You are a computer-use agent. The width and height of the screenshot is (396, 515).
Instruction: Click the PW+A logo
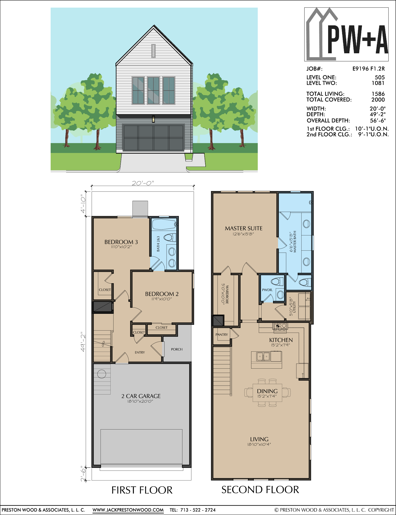coord(346,34)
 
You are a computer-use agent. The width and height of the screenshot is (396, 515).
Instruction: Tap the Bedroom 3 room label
coord(121,242)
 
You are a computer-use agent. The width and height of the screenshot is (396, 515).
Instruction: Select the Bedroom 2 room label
coord(162,294)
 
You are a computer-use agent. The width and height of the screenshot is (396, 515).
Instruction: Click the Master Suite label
coord(244,228)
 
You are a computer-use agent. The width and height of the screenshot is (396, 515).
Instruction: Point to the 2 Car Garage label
coord(141,396)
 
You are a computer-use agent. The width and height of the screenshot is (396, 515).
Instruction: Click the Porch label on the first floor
coord(177,349)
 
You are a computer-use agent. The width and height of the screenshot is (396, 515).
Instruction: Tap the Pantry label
coord(222,335)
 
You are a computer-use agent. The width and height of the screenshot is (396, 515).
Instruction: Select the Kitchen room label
coord(281,340)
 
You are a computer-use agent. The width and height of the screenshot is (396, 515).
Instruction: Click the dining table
coord(267,393)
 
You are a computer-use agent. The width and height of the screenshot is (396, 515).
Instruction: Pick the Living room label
coord(259,439)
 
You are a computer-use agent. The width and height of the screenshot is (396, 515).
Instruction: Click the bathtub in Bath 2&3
coord(164,224)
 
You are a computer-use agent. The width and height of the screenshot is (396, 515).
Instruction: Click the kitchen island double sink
coord(263,356)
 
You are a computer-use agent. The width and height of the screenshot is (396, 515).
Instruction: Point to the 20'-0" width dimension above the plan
coord(143,183)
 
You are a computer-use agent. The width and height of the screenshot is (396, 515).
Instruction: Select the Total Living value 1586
coord(378,94)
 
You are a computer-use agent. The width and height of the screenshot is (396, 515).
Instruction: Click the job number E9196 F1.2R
coord(369,68)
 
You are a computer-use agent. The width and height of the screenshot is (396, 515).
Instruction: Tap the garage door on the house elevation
coord(153,138)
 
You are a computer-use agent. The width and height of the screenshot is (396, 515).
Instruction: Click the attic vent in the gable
coord(153,51)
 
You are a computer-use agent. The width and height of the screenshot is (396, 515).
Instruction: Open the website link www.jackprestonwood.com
coord(128,510)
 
